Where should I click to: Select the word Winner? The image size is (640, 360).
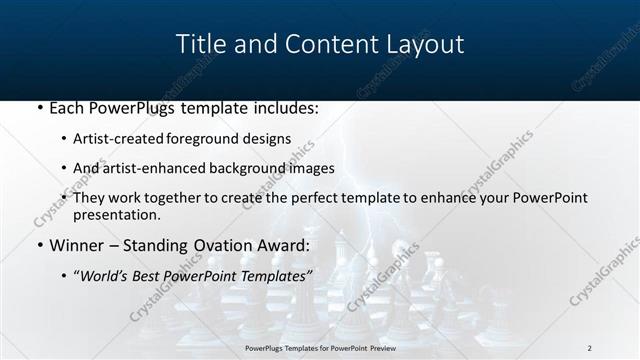pos(76,244)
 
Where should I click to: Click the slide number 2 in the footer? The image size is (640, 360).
pos(589,348)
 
